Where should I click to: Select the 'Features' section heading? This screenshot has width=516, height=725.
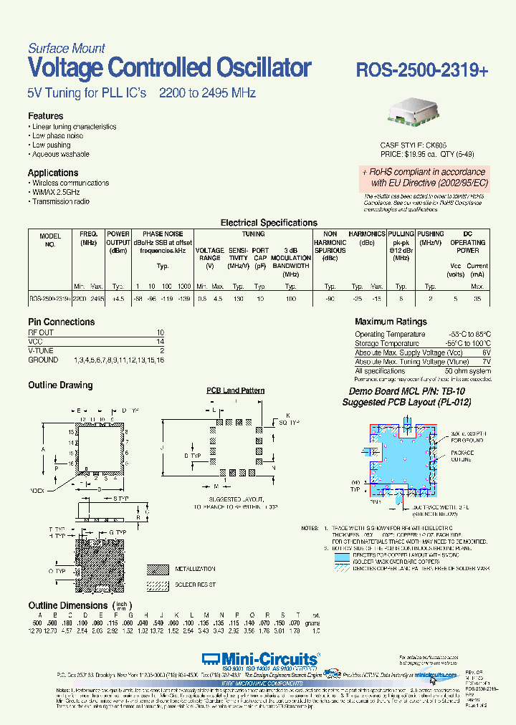click(45, 116)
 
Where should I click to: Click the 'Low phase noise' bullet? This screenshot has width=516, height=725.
click(57, 135)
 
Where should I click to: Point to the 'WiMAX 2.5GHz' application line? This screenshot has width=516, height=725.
click(56, 192)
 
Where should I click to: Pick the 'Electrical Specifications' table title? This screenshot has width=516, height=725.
click(269, 223)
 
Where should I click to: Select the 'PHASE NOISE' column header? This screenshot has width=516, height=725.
click(163, 234)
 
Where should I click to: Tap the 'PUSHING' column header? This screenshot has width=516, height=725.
click(431, 234)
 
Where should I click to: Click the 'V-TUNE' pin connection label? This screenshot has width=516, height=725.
click(41, 351)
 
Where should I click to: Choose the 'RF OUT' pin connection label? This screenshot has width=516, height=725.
click(41, 333)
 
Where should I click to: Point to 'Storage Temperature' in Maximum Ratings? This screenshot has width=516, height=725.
click(387, 343)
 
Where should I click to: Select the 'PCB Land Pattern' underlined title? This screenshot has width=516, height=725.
click(235, 390)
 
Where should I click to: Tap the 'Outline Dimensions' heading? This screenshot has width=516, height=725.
click(68, 605)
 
